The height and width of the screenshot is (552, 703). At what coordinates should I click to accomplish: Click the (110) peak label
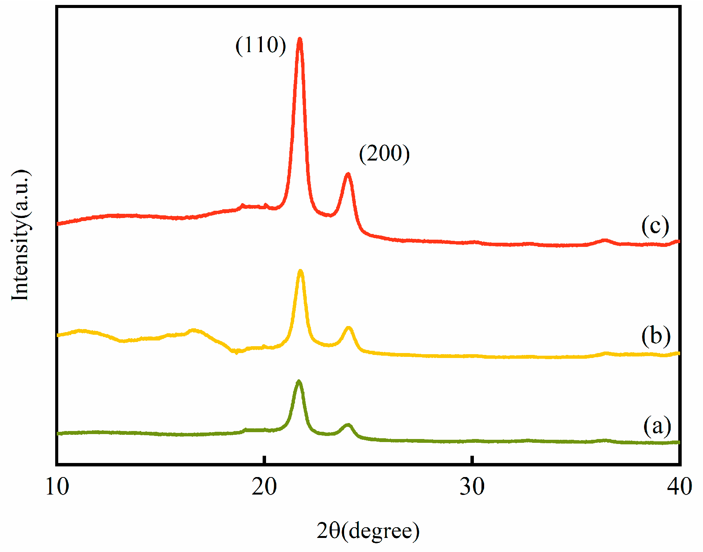click(x=261, y=45)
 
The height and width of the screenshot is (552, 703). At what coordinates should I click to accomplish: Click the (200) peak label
click(x=384, y=153)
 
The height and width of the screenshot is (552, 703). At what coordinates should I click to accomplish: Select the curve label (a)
click(x=657, y=426)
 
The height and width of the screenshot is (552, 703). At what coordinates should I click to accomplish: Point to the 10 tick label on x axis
click(x=57, y=487)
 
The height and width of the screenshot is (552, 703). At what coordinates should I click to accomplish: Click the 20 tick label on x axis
click(x=264, y=487)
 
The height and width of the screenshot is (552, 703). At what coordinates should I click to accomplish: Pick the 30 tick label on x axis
click(x=472, y=487)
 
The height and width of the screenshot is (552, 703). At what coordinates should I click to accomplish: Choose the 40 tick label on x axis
click(x=679, y=487)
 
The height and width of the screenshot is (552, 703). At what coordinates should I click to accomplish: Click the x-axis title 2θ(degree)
click(x=368, y=531)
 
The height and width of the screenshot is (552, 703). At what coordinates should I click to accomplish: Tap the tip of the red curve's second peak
click(x=348, y=174)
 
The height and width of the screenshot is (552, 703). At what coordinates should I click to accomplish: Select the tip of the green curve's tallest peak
click(x=299, y=381)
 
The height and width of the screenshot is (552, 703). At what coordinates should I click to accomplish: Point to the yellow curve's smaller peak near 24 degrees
click(x=348, y=328)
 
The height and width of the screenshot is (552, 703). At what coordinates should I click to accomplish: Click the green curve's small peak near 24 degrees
click(x=348, y=425)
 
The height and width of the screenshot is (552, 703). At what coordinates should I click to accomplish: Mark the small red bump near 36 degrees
click(x=604, y=240)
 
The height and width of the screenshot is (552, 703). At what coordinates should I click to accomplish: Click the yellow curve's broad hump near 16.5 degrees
click(x=193, y=330)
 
